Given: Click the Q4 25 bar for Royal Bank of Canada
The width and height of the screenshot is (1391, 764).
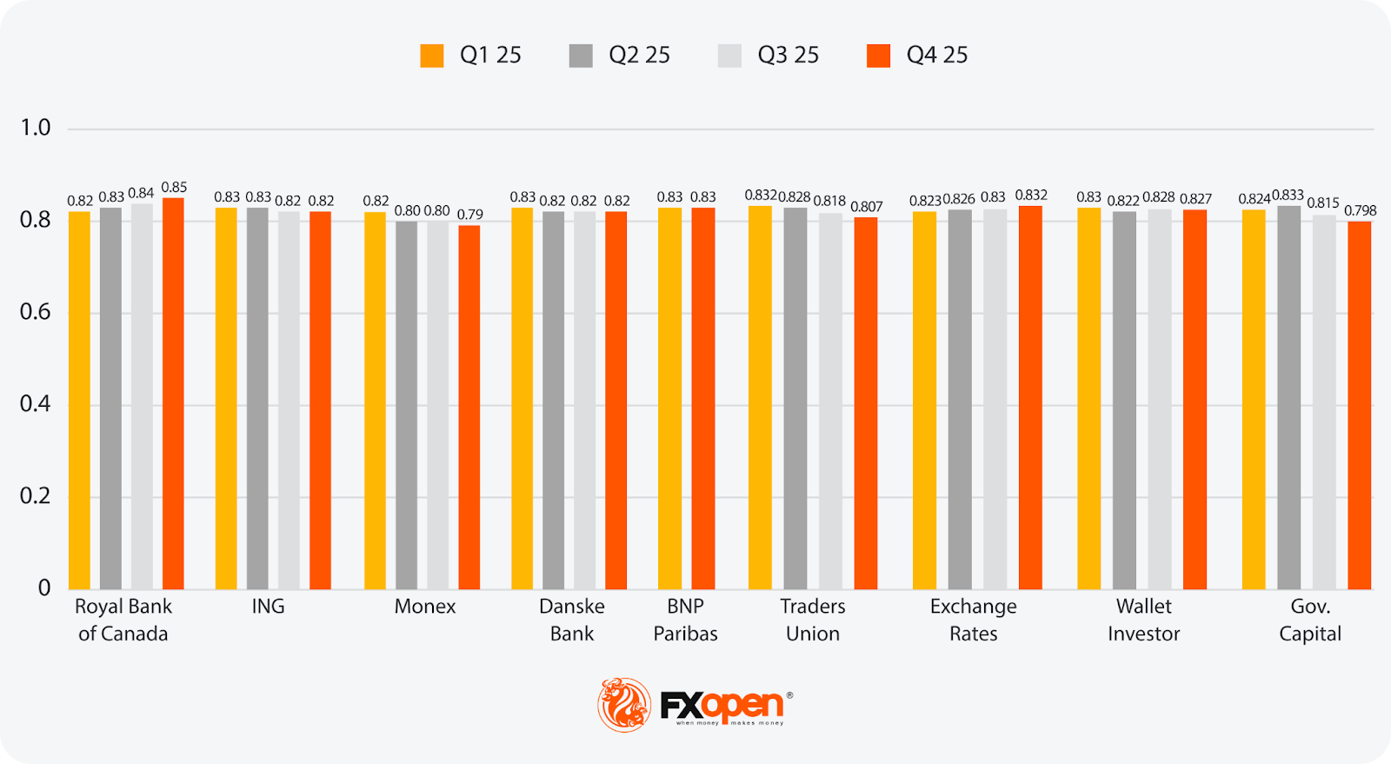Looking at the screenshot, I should coord(173,393).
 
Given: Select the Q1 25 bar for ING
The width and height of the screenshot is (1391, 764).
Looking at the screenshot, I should coord(226,398).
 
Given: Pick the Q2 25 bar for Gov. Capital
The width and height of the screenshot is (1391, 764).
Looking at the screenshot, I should coord(1289,397).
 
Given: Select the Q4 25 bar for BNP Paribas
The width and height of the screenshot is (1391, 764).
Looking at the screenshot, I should coord(702,398).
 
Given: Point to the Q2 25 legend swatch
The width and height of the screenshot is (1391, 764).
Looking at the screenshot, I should coord(581,56).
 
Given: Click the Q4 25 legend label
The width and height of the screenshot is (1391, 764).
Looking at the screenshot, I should coord(937,56).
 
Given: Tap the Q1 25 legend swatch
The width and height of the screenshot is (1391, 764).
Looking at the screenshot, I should coord(432,56).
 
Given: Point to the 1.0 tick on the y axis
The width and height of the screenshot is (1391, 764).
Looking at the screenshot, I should coord(36,128).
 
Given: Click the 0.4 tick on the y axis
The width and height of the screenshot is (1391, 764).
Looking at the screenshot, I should coord(36,404).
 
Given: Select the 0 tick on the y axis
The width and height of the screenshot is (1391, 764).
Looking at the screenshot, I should coord(43,588).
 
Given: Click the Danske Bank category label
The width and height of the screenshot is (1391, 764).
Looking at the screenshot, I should coord(571,620).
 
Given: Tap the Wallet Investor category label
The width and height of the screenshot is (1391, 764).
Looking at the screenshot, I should coord(1143,620).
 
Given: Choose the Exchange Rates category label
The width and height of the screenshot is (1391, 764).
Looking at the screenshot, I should coord(973,620).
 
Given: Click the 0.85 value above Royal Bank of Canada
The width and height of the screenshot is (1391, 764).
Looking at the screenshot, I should coord(174,188).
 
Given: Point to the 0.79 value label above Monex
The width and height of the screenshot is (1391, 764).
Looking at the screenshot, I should coord(470,215).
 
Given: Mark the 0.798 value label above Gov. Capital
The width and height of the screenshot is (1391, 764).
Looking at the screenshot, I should coord(1361,211).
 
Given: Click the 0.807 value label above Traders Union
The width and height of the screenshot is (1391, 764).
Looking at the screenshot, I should coord(867,207).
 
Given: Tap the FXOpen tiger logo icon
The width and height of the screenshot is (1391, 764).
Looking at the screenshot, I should coord(623,704).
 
